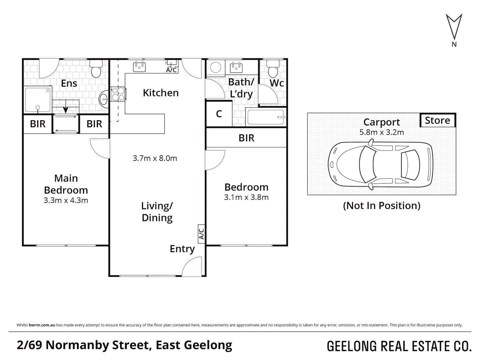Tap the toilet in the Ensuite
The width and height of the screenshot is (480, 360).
96,69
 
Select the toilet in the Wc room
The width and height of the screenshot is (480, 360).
273,69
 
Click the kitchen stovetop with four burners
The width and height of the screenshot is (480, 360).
118,94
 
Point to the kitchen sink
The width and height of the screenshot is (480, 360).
139,67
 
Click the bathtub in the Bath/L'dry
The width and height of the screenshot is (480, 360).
266,117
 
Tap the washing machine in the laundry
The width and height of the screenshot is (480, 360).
216,68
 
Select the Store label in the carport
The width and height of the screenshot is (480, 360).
437,120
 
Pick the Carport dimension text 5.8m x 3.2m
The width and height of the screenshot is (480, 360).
382,132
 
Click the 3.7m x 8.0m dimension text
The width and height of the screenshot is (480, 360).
155,158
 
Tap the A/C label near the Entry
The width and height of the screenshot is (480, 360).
201,233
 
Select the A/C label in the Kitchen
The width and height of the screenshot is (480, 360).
171,70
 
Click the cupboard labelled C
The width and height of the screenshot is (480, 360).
219,114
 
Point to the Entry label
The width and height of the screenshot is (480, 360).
182,249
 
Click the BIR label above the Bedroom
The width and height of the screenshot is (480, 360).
246,138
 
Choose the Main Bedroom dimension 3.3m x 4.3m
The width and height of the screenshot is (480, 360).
66,200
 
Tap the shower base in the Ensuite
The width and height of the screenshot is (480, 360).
38,100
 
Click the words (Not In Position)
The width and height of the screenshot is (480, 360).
382,206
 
